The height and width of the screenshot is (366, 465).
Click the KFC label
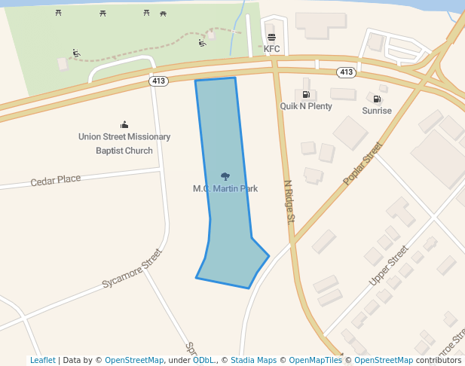pos(271,49)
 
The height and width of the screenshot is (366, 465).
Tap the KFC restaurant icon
pos(271,37)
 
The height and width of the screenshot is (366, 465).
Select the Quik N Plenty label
pos(306,106)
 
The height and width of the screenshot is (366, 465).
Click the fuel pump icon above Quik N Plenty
pos(306,95)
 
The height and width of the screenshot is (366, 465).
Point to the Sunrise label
pos(377,111)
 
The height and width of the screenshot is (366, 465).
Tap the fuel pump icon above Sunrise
pos(376,99)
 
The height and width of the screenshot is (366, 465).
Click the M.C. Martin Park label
pos(225,188)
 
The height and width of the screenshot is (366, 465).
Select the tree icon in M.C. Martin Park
pos(225,176)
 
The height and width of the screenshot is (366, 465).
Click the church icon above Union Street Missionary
pos(124,124)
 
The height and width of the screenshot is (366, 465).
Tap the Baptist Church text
pos(124,151)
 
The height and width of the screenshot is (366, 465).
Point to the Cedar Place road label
pos(56,180)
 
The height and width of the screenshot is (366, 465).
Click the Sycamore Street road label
pos(133,269)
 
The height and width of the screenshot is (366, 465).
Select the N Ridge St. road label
pos(288,202)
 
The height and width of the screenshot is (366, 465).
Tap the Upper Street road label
pos(388,265)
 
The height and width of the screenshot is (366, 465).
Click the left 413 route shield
pos(158,81)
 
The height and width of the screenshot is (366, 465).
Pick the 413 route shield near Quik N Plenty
pos(346,72)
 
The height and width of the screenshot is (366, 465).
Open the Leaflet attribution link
pos(42,360)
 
